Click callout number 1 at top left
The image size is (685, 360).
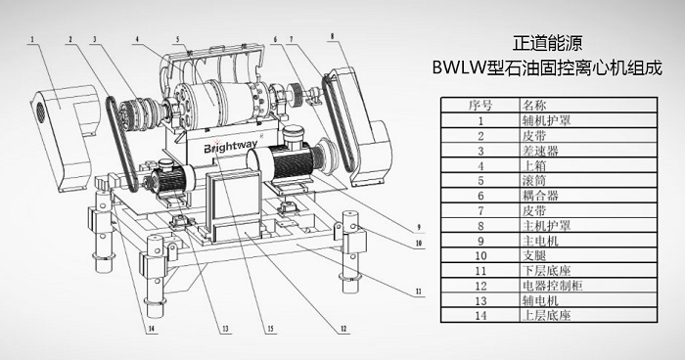(31, 39)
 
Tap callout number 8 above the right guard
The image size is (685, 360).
(333, 36)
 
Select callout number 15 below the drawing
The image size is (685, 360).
(271, 329)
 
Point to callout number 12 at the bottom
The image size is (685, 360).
(343, 329)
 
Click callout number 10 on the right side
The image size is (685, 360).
(419, 243)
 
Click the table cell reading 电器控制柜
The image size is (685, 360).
(552, 286)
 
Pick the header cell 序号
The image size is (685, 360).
(480, 105)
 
